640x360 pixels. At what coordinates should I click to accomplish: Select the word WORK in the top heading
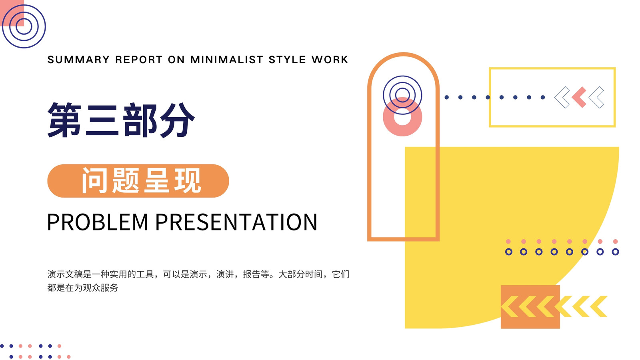coord(330,60)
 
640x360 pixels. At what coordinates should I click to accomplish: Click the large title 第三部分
coord(121,120)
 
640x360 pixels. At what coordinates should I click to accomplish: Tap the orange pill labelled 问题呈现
coord(138,181)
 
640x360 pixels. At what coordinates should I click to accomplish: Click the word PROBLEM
coord(98,222)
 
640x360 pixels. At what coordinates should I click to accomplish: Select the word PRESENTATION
coord(236,222)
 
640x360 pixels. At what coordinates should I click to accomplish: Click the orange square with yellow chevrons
coord(530,307)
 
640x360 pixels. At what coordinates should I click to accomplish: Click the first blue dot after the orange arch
coord(446,98)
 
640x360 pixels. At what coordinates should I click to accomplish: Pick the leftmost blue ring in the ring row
coord(508,249)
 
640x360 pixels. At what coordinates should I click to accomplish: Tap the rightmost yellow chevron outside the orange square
coord(599,306)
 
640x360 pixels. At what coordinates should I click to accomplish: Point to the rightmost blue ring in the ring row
coord(616,249)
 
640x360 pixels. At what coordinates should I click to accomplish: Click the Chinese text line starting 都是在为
coord(83,288)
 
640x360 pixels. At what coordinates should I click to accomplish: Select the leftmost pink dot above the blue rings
coord(508,242)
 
